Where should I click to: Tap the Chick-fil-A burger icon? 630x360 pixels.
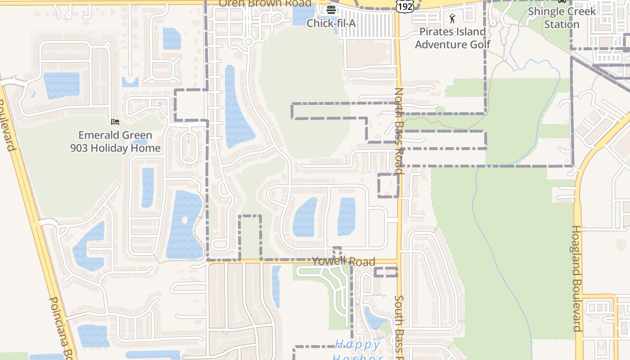331,10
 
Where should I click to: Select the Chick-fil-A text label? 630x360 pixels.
331,23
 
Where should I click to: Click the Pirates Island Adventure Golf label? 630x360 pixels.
453,38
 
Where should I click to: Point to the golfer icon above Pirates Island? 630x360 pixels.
452,18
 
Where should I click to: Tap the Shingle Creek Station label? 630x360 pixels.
562,18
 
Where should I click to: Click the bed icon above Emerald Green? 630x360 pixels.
115,121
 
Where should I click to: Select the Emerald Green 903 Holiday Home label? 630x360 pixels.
115,141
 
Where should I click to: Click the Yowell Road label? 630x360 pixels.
344,261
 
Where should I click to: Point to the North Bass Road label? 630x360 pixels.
399,130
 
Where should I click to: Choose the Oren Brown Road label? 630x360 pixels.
265,4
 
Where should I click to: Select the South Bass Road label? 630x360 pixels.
399,326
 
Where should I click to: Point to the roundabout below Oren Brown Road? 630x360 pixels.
248,42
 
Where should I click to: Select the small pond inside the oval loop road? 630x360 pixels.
189,144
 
